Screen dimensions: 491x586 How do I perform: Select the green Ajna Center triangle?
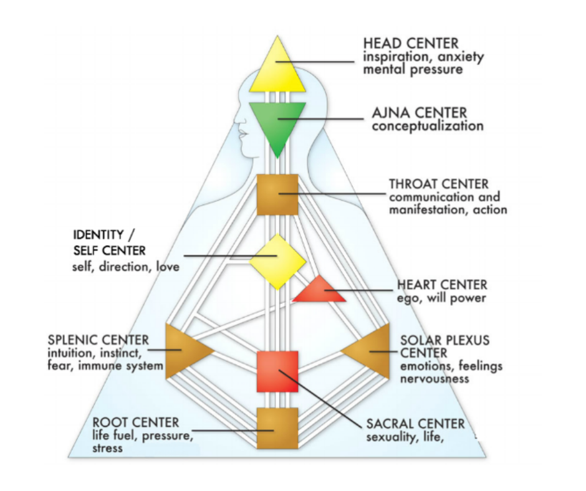pyautogui.click(x=277, y=122)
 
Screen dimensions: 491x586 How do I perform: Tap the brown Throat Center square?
pyautogui.click(x=278, y=194)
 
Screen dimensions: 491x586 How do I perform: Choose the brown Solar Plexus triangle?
pyautogui.click(x=372, y=351)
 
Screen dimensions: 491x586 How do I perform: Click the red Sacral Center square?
pyautogui.click(x=278, y=371)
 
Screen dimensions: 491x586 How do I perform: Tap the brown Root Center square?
pyautogui.click(x=278, y=428)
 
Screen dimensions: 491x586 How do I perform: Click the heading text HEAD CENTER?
pyautogui.click(x=411, y=44)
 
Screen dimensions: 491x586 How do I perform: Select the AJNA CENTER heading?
pyautogui.click(x=419, y=113)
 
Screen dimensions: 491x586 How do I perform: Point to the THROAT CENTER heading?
pyautogui.click(x=439, y=184)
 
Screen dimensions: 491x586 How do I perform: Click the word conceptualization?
pyautogui.click(x=427, y=126)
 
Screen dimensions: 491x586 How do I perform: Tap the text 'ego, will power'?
pyautogui.click(x=441, y=298)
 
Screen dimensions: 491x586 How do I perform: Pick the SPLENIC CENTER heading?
pyautogui.click(x=98, y=340)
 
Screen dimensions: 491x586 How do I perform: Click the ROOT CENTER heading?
pyautogui.click(x=135, y=423)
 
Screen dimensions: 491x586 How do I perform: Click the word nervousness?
pyautogui.click(x=435, y=378)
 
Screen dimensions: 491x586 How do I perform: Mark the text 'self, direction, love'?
pyautogui.click(x=126, y=267)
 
